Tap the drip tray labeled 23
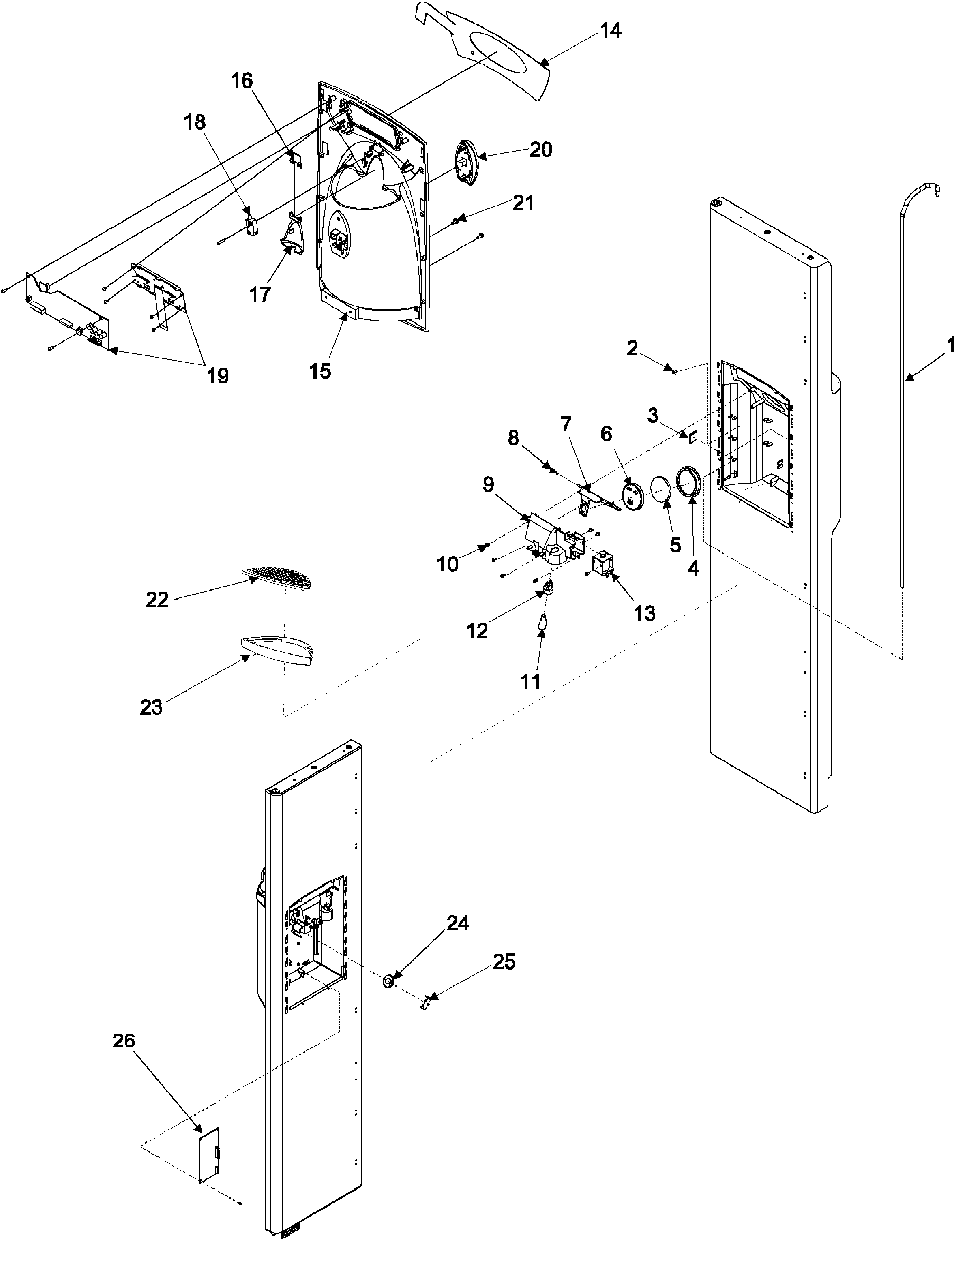(276, 649)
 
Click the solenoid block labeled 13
(602, 565)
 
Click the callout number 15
(320, 371)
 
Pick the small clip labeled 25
(426, 1004)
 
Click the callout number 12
(477, 630)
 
